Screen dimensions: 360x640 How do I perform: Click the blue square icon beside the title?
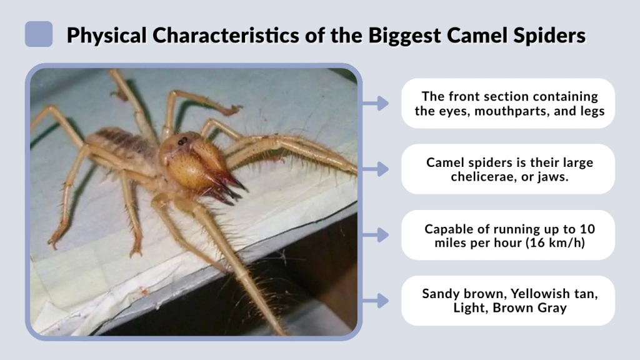pos(39,34)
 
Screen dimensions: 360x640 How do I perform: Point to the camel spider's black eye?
pos(182,141)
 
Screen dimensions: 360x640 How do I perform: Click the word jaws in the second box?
pos(551,177)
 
